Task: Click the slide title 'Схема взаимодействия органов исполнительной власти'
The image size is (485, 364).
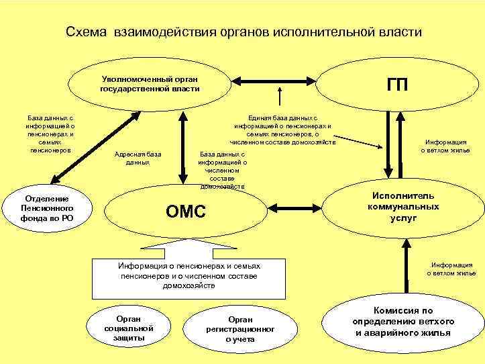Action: [244, 32]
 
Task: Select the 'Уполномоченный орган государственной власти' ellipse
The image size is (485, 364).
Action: [150, 83]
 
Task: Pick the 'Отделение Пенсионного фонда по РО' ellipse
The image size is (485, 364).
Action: [48, 209]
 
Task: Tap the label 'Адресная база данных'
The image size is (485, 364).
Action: [137, 158]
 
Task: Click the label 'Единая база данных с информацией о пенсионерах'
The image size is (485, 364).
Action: [282, 128]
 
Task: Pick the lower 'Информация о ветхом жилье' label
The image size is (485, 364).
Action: [451, 269]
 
